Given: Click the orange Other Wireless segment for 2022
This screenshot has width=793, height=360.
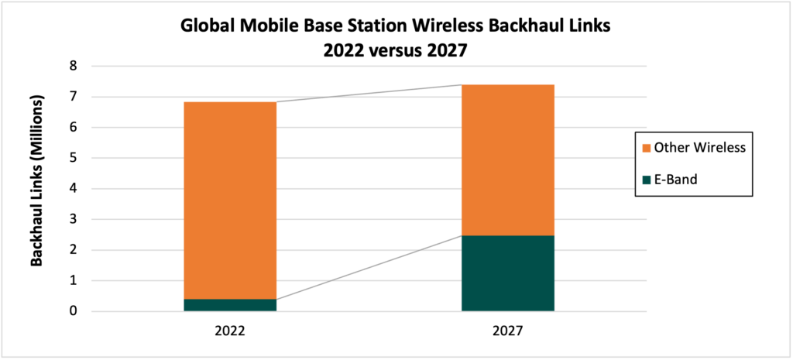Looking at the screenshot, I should point(230,200).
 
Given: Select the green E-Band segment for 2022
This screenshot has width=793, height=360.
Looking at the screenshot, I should point(230,305).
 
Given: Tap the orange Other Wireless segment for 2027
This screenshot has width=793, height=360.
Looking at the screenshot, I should point(508,159).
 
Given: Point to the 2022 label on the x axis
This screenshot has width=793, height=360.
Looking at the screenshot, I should point(230,330).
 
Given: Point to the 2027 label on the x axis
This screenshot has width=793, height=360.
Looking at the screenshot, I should point(508,330).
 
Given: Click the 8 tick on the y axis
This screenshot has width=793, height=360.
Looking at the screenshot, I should point(73,67).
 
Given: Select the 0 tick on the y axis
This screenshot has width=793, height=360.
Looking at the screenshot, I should point(73,312).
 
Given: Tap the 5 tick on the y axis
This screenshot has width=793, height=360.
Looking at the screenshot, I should point(73,159).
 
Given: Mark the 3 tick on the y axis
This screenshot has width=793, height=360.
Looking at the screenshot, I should point(73,220).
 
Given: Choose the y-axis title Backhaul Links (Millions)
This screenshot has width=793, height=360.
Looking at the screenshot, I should point(36,189).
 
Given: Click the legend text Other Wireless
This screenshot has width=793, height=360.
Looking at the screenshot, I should point(699,147).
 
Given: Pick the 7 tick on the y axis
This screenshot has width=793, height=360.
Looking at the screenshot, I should point(73,98).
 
